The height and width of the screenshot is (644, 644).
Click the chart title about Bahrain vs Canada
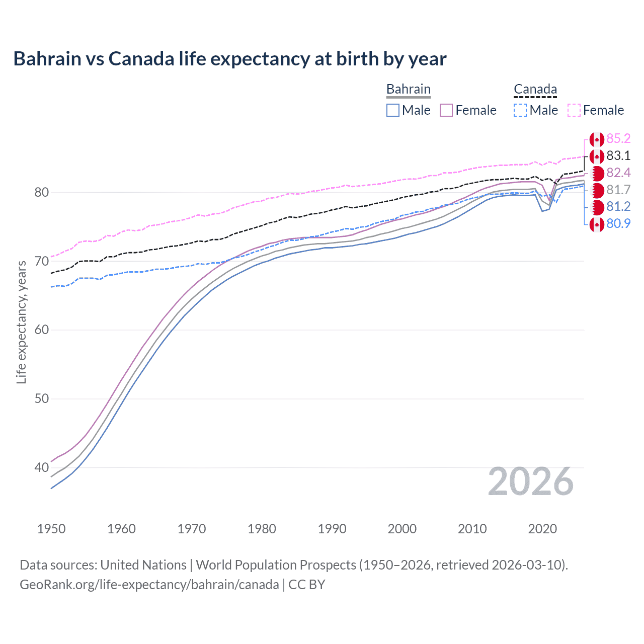coord(229,59)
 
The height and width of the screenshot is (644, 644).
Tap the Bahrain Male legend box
coord(393,110)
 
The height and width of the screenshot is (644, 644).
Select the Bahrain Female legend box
coord(446,110)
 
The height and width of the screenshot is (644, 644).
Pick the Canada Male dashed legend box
coord(520,110)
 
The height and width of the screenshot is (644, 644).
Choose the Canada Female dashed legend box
coord(574,110)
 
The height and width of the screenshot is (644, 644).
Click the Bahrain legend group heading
coord(408,90)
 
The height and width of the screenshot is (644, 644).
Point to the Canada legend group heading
coord(535,90)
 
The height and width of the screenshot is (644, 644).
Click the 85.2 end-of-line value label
coord(618,139)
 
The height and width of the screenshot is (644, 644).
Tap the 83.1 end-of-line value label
coord(618,156)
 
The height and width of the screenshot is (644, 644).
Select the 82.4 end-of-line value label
coord(618,173)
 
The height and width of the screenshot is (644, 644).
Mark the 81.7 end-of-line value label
coord(618,190)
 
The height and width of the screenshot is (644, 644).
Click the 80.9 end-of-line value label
coord(618,223)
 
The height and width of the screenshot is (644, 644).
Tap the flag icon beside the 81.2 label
coord(597,207)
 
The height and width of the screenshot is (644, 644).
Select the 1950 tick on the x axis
coord(51,529)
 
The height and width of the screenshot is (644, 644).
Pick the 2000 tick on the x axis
coord(402,529)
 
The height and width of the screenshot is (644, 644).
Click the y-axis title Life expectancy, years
coord(22,322)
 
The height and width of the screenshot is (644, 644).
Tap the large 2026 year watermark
coord(530,481)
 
